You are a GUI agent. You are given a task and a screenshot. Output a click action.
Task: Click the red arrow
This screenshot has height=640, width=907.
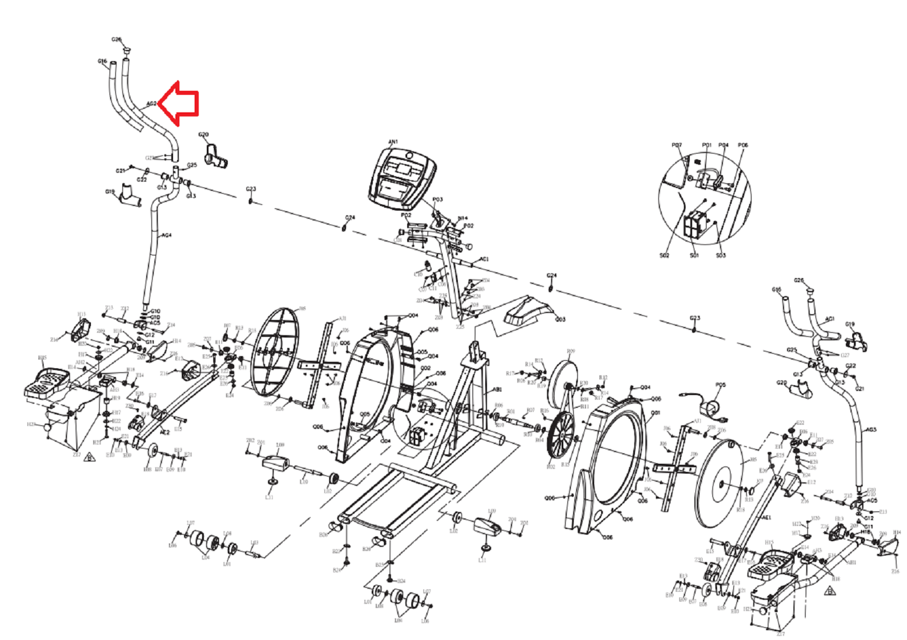click(x=182, y=104)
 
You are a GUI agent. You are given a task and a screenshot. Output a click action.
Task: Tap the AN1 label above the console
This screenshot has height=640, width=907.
click(x=393, y=141)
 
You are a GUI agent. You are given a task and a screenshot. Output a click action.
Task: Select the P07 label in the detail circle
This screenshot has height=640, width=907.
click(x=676, y=145)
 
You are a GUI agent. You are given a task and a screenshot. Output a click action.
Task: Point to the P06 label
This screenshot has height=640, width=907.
click(x=743, y=145)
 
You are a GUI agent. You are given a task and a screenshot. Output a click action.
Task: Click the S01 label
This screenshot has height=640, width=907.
click(x=694, y=255)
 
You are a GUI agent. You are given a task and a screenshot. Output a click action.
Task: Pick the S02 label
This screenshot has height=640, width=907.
click(x=664, y=255)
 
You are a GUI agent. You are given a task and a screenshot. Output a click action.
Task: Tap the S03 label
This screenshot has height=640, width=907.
click(x=721, y=255)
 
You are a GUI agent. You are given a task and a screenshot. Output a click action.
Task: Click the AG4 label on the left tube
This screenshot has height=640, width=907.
click(x=167, y=236)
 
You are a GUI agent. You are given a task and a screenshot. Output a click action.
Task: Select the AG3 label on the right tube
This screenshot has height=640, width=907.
click(x=871, y=429)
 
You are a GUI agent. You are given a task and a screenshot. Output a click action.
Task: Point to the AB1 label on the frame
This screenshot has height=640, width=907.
click(x=497, y=389)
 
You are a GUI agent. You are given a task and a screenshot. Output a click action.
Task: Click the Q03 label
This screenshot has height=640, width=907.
click(x=560, y=319)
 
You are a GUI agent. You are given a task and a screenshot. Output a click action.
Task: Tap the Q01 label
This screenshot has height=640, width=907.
click(x=655, y=413)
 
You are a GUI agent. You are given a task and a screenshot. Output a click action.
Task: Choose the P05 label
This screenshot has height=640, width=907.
click(x=721, y=385)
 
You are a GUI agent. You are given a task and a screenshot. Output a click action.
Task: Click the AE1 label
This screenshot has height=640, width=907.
click(x=767, y=517)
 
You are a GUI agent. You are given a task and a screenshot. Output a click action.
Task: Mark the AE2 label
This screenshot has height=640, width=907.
click(x=165, y=433)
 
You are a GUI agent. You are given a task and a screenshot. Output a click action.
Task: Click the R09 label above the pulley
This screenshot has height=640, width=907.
click(x=571, y=351)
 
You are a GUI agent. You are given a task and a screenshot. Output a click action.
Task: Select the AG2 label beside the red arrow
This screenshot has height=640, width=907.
click(x=151, y=104)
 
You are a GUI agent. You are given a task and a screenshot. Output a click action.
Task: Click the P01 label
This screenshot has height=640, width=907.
click(x=707, y=145)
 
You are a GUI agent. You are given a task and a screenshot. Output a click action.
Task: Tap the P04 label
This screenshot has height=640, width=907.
click(x=724, y=145)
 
